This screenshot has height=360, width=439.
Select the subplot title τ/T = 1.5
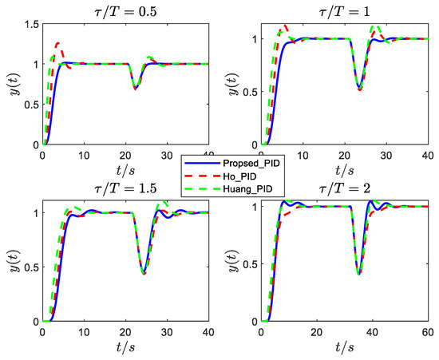(x=125, y=188)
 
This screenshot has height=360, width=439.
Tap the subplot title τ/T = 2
(x=349, y=188)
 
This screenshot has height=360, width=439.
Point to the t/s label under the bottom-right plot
(x=349, y=347)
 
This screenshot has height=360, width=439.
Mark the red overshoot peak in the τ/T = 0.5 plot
(x=57, y=42)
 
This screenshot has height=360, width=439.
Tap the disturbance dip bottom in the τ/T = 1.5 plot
(x=144, y=274)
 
